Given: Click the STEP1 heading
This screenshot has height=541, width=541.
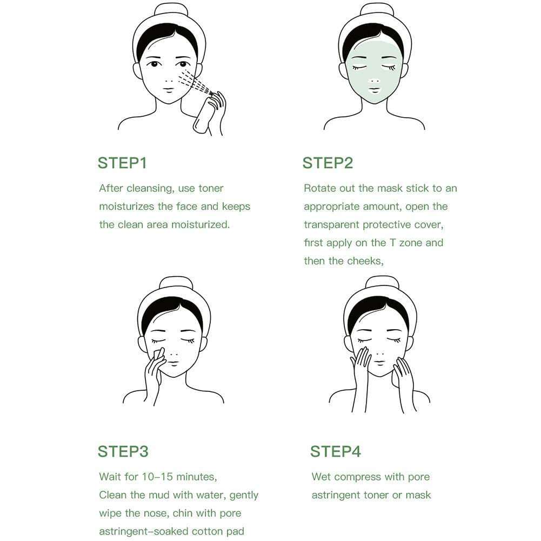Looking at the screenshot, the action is click(122, 163).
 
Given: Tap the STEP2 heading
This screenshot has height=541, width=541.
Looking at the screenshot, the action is click(328, 163).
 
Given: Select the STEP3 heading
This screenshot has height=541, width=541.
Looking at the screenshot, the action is click(123, 452).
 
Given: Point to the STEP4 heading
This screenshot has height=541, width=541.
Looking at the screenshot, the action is click(336, 452).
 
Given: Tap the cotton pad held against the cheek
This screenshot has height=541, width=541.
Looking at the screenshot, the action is click(159, 355).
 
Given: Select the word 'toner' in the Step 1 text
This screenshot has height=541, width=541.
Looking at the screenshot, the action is click(211, 189).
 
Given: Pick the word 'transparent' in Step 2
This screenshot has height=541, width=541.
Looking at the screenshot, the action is click(331, 225).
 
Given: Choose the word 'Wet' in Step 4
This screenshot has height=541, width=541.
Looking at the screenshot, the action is click(321, 477).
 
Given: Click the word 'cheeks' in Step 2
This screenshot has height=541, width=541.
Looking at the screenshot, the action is click(365, 261).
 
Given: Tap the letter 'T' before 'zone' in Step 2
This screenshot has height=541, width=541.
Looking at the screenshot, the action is click(392, 243).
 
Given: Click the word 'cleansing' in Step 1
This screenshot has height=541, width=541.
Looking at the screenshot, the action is click(150, 189).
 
